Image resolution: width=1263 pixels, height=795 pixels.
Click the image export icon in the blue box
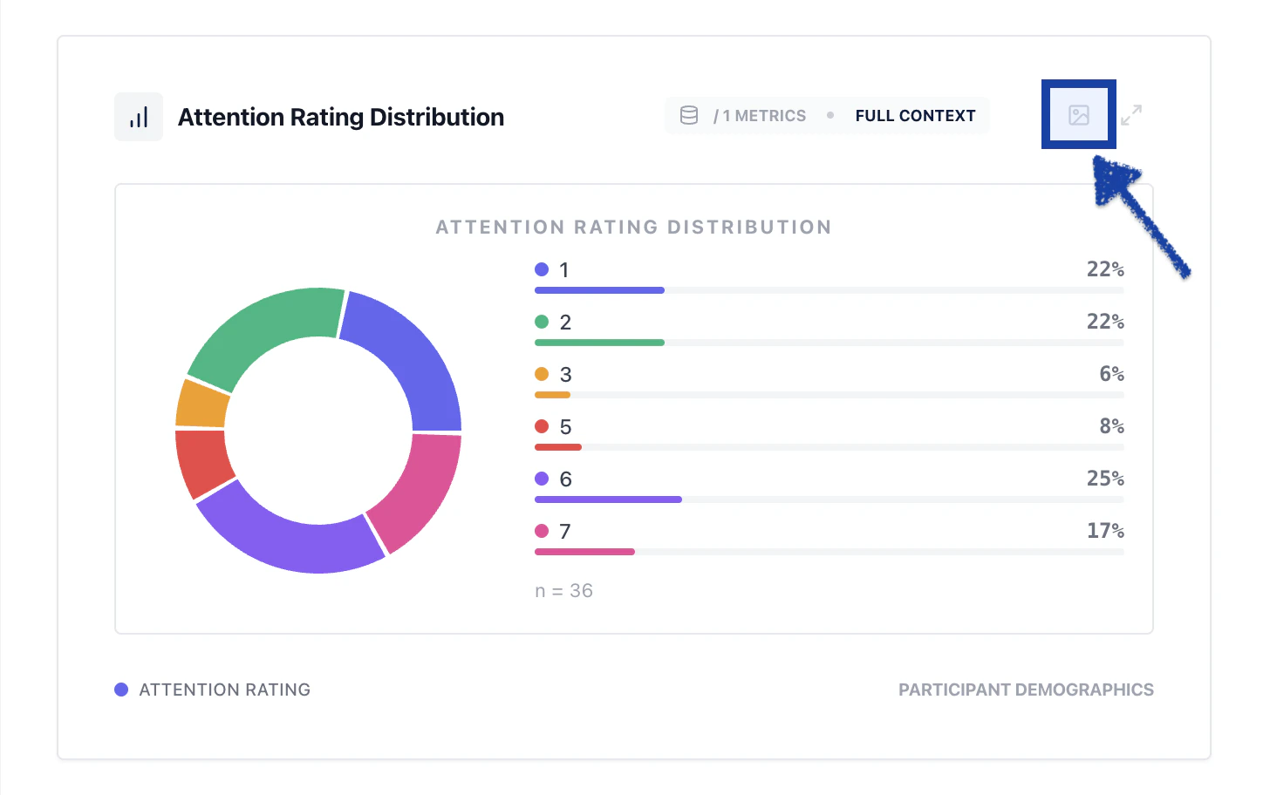point(1079,115)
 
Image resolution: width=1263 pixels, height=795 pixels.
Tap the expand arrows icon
point(1131,115)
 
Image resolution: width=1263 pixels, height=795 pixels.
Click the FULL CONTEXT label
point(915,116)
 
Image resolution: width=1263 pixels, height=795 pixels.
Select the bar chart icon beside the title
point(139,117)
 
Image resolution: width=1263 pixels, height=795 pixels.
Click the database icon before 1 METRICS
point(689,115)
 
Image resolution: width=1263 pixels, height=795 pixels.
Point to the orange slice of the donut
point(202,404)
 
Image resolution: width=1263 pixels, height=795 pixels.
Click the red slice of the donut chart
point(204,462)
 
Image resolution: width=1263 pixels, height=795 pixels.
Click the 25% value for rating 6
point(1104,479)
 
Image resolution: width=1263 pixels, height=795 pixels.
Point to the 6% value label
point(1111,374)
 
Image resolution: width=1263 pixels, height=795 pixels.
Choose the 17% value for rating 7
point(1104,531)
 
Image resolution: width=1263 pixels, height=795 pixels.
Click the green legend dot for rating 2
point(542,322)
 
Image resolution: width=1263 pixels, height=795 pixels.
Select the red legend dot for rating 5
point(542,426)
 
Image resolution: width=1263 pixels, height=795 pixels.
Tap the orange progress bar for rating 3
point(552,395)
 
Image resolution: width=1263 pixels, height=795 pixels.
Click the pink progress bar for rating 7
point(584,552)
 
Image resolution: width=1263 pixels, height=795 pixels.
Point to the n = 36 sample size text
point(563,591)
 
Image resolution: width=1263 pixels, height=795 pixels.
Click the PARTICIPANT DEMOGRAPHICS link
point(1026,690)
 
